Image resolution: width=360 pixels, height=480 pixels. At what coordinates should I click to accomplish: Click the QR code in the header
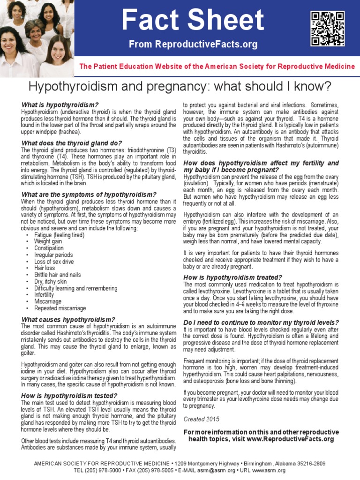pos(327,29)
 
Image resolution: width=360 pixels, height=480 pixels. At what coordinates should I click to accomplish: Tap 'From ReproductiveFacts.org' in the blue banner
pos(193,45)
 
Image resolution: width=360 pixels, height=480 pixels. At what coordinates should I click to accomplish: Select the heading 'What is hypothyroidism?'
pos(60,104)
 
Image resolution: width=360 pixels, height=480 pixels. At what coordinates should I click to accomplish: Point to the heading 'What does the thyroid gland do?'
pos(72,143)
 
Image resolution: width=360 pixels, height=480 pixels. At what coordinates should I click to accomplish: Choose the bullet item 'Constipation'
pos(49,248)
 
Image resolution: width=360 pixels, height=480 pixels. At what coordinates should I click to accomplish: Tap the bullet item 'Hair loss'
pos(45,268)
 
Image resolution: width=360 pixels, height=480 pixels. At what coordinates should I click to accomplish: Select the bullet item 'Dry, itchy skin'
pos(51,282)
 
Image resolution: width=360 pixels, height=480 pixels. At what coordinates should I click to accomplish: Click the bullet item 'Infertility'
pos(44,295)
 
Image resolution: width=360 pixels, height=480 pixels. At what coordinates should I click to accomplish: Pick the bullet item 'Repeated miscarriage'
pos(60,308)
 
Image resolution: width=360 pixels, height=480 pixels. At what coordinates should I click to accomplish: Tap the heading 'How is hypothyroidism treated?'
pos(232,277)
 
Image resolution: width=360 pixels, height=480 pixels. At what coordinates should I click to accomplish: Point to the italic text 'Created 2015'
pos(201,419)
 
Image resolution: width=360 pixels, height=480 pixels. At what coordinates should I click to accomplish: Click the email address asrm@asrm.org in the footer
pos(215,470)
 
